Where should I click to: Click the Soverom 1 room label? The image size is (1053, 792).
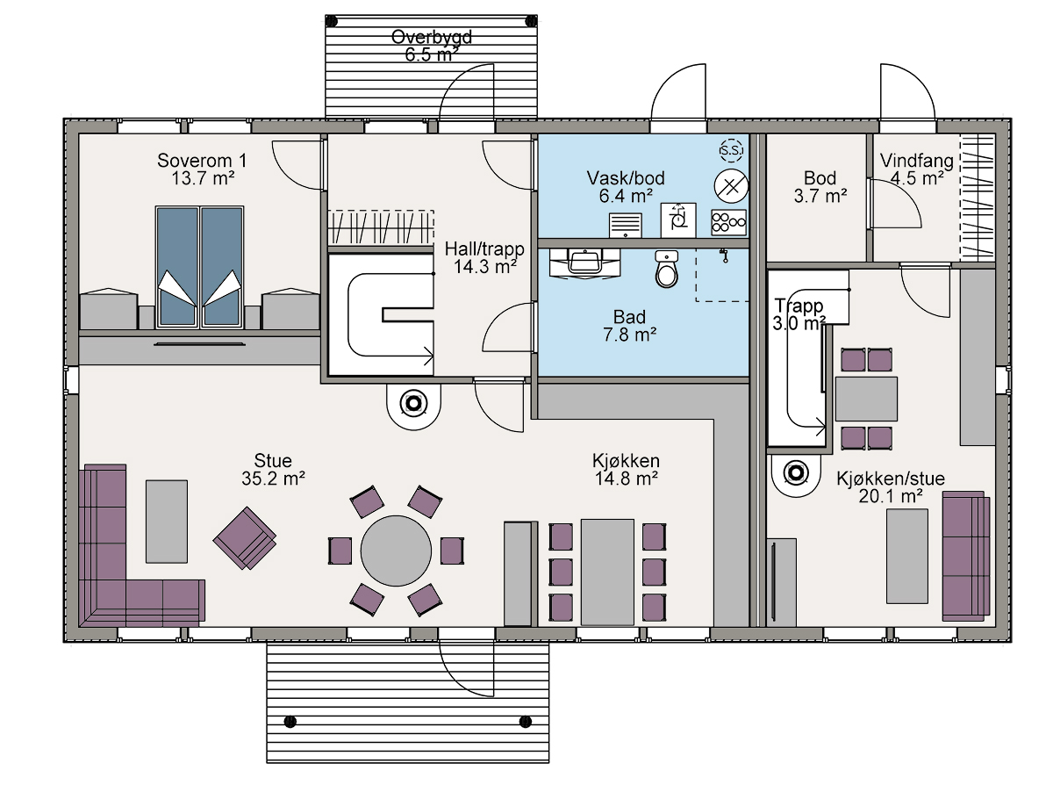point(202,161)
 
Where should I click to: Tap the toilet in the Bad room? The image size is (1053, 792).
point(666,269)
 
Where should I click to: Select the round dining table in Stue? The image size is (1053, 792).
point(396,551)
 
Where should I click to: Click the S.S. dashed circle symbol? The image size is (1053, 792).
point(731,151)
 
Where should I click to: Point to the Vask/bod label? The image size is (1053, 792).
point(626,178)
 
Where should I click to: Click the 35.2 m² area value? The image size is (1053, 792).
point(273,479)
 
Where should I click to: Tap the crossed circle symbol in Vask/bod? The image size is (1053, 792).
point(731,186)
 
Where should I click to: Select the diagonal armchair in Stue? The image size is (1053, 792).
point(245,538)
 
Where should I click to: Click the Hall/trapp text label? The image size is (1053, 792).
point(484,248)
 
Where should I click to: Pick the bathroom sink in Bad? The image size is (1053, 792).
point(584,263)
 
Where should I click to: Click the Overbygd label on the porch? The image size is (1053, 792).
point(431,37)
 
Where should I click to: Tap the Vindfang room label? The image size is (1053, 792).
point(917,161)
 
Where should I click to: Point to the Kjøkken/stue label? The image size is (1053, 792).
point(891,479)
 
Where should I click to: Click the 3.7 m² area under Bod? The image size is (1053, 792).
point(820,196)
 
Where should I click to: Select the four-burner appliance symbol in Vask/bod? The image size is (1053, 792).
point(728,222)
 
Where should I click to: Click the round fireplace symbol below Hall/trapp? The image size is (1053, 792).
point(413,403)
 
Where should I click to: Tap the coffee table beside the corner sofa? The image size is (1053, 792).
point(167,522)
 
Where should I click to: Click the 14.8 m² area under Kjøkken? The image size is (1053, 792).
point(626,479)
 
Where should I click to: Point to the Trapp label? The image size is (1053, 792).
point(799,306)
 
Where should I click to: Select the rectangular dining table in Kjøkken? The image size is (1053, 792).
point(607,572)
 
